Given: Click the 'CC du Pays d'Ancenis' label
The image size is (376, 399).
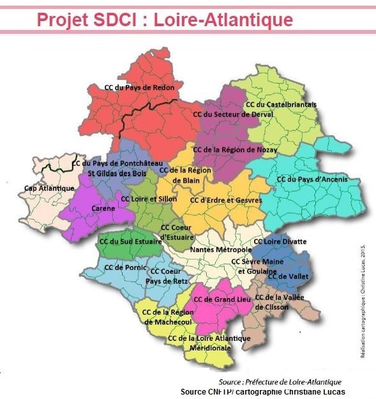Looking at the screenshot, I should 312,179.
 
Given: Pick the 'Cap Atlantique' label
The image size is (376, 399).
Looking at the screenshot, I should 49,188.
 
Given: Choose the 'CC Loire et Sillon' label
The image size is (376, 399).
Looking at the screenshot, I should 149,199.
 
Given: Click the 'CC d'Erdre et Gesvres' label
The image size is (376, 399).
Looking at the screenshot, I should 217,200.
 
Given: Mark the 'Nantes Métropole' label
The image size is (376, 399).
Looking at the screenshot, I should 221,249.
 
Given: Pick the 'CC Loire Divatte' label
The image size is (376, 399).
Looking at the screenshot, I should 281,242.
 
